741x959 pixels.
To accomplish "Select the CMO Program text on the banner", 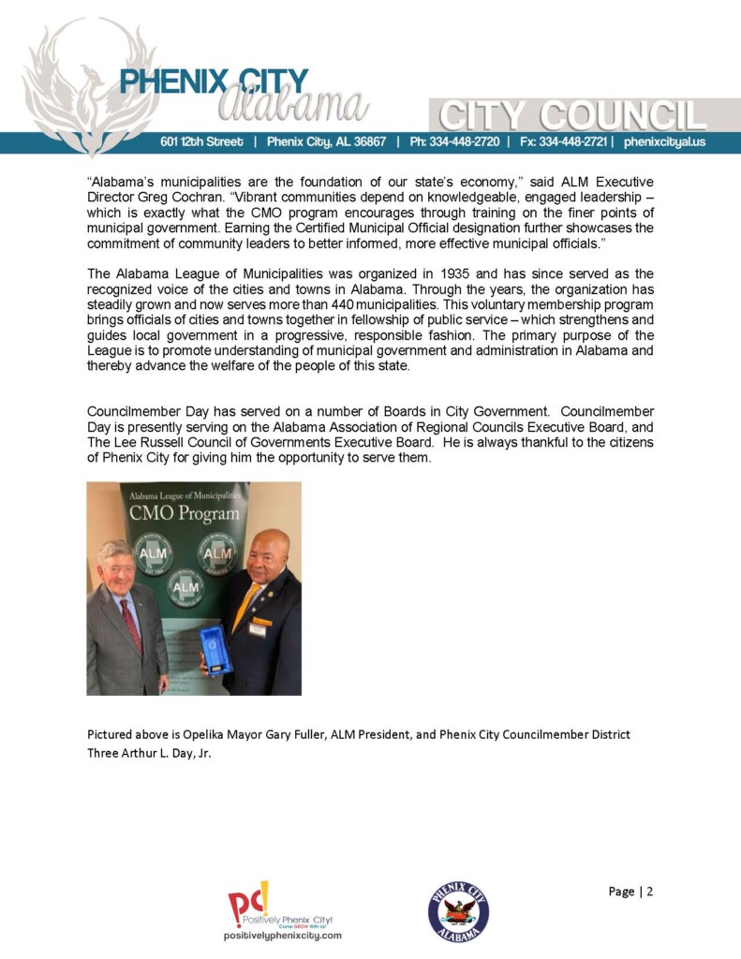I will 184,513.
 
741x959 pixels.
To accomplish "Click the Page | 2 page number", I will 630,891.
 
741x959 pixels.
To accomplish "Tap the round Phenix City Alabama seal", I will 458,910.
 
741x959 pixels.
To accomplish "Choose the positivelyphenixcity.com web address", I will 282,936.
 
